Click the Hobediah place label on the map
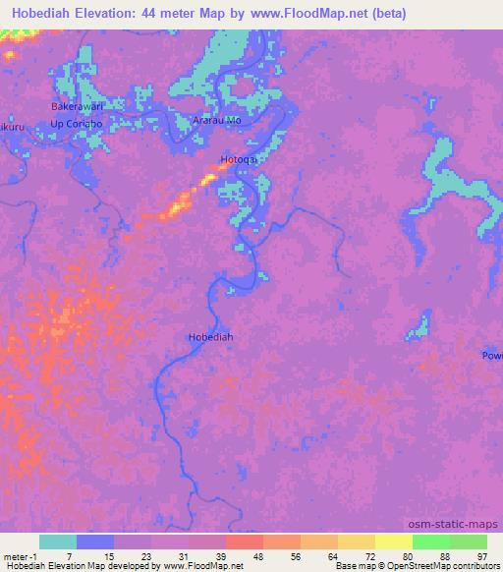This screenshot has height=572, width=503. [x=209, y=337]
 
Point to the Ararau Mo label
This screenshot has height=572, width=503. [x=217, y=120]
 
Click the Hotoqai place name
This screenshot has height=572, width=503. [x=239, y=158]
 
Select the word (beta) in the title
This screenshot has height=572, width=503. [x=385, y=13]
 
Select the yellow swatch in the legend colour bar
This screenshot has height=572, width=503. [x=393, y=542]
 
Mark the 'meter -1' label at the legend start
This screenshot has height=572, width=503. [x=21, y=555]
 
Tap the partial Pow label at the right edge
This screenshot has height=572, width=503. [x=492, y=355]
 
